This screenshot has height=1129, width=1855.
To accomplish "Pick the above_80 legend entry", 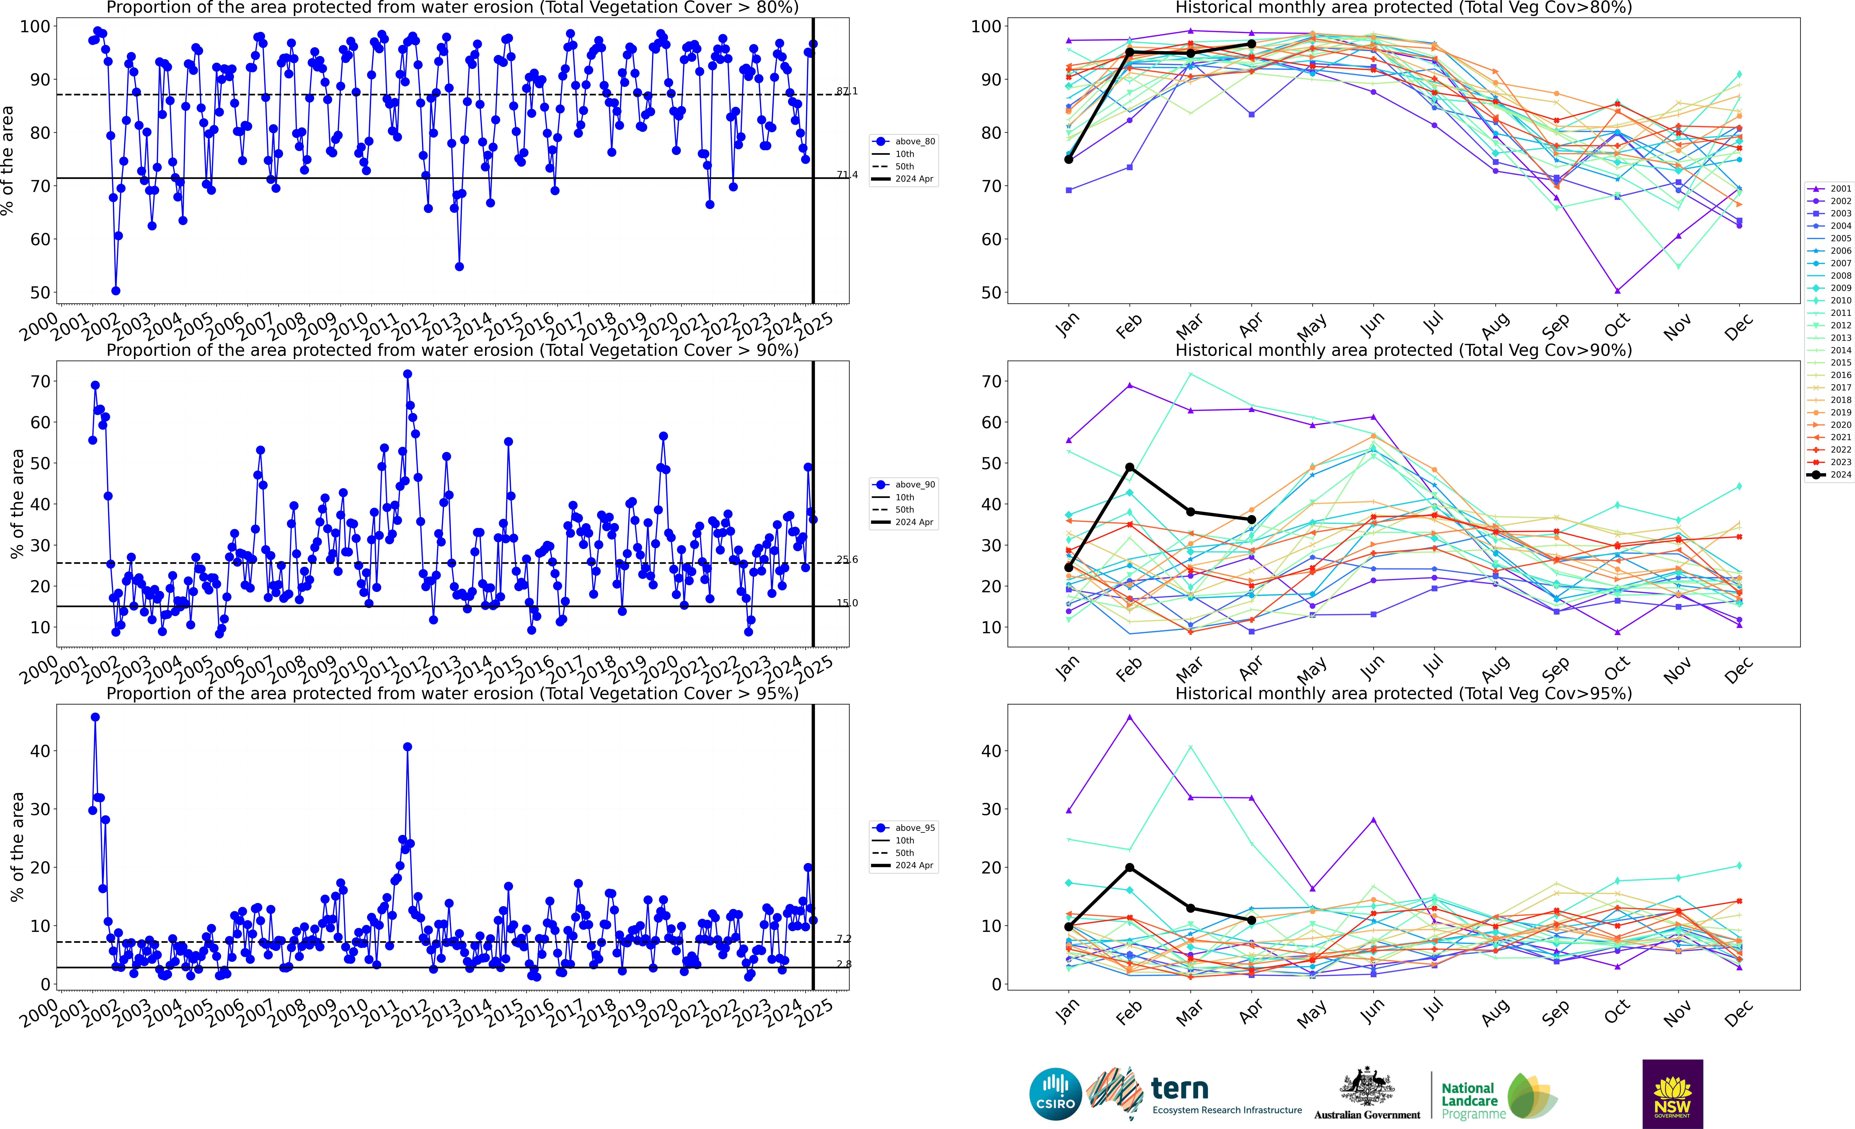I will click(903, 141).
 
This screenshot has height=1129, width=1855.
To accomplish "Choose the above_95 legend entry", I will click(903, 828).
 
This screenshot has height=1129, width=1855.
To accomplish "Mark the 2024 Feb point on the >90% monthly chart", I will click(1129, 467).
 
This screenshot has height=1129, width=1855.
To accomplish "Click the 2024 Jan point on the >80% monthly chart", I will click(1068, 160).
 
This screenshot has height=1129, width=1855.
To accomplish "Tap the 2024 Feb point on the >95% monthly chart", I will click(1129, 868).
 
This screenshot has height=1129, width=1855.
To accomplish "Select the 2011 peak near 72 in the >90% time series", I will click(407, 374).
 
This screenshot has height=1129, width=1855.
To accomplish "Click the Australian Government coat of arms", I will click(1366, 1086).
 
